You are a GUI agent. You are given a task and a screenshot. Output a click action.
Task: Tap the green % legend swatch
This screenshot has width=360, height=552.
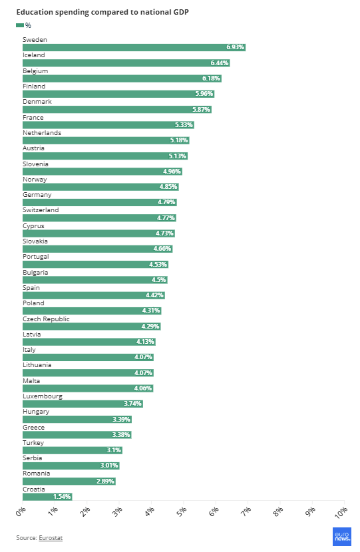click(19, 25)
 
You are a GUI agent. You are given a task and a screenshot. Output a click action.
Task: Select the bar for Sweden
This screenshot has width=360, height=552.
click(133, 47)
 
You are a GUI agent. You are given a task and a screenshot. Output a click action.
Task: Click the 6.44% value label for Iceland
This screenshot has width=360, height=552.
click(219, 63)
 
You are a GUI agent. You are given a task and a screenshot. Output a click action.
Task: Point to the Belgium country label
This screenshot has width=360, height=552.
click(35, 70)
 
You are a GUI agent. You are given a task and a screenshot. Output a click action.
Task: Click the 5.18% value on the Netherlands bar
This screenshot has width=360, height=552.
click(179, 140)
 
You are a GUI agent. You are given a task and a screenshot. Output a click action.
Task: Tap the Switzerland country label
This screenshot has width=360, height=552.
click(41, 210)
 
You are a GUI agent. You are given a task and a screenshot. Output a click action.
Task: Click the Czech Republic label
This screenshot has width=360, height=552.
click(46, 319)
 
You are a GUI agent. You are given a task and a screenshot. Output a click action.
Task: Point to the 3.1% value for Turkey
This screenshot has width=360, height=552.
click(113, 450)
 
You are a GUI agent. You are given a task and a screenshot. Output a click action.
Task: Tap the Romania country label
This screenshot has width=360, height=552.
click(36, 474)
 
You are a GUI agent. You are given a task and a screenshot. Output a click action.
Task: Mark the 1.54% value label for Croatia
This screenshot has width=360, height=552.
click(62, 497)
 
